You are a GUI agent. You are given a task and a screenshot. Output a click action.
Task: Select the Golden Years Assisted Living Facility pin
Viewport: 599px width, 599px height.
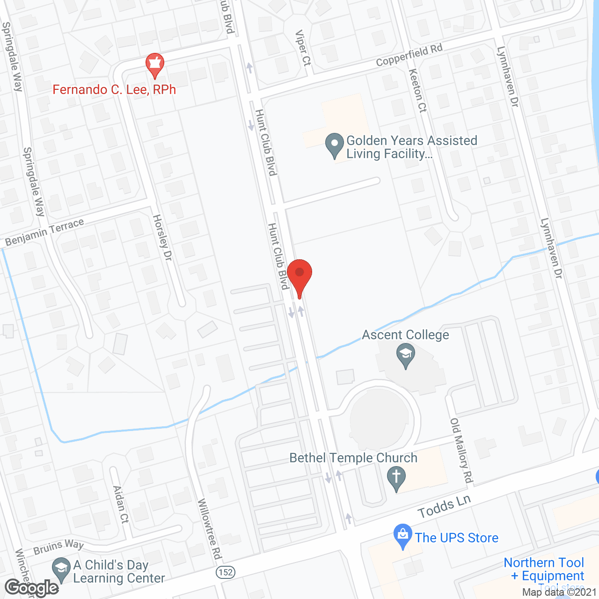click(x=334, y=146)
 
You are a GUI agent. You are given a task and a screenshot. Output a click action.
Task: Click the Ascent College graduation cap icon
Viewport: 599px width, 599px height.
click(x=406, y=355)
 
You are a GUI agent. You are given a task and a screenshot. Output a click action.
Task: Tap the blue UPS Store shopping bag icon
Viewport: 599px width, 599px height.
click(x=402, y=536)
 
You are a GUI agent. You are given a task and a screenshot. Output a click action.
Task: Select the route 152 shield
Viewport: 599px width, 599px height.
click(x=226, y=572)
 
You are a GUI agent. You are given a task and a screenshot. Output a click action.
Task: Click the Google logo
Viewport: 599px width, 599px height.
click(x=32, y=588)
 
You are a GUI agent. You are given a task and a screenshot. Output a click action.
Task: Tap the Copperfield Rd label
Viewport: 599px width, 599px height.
click(x=409, y=55)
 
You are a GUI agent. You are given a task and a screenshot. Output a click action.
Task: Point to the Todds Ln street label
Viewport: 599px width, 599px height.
click(x=444, y=507)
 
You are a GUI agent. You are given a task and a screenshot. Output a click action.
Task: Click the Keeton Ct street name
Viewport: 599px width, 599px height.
click(x=417, y=91)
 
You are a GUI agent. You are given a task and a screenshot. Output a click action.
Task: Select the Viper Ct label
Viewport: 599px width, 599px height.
click(x=303, y=48)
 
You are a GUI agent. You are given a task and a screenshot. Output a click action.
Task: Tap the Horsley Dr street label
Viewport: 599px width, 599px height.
click(x=162, y=237)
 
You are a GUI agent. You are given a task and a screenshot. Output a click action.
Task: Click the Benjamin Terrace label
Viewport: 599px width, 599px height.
click(x=44, y=232)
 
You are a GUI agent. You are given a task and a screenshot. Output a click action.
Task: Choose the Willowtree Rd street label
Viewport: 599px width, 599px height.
click(x=209, y=529)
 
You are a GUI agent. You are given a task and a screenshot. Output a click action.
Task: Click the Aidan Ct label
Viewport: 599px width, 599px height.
click(x=121, y=504)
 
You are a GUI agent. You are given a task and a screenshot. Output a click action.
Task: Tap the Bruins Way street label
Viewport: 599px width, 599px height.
click(x=58, y=547)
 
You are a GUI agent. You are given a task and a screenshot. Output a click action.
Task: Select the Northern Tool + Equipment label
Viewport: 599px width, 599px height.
click(x=544, y=569)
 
